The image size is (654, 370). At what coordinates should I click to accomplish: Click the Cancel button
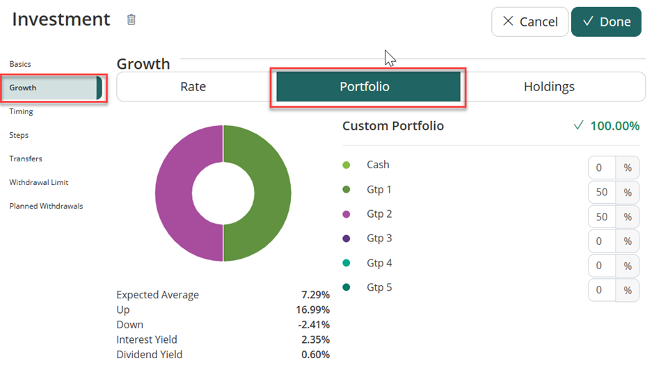click(x=529, y=22)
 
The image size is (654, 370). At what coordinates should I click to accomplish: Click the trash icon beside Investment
click(x=131, y=19)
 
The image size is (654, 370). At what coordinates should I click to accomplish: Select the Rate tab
click(x=193, y=87)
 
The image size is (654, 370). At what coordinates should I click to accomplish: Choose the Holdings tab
click(x=549, y=87)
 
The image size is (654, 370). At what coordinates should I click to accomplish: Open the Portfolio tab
click(x=365, y=87)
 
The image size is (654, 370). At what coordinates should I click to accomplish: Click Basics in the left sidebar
click(x=20, y=64)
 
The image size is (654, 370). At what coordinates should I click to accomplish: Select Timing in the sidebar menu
click(x=21, y=111)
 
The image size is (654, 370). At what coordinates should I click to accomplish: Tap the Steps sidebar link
click(x=19, y=135)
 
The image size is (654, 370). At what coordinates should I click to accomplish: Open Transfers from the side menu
click(x=26, y=159)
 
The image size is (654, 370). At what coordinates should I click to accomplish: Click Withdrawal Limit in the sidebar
click(x=39, y=182)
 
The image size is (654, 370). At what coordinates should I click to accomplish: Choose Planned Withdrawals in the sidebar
click(x=46, y=206)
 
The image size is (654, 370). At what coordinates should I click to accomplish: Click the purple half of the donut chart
click(x=174, y=193)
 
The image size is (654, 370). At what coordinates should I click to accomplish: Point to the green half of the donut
click(x=271, y=193)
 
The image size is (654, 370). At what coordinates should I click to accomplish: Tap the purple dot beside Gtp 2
click(x=346, y=214)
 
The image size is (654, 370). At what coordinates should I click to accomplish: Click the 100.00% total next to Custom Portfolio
click(x=614, y=126)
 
